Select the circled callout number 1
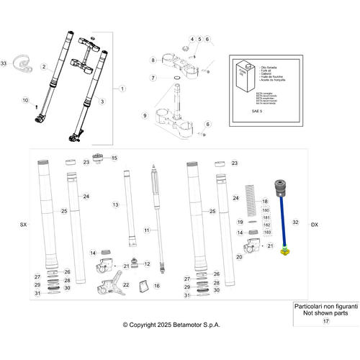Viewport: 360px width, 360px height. pyautogui.click(x=122, y=88)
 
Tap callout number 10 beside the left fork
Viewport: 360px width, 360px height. pyautogui.click(x=26, y=100)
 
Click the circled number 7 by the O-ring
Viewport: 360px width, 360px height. pyautogui.click(x=153, y=78)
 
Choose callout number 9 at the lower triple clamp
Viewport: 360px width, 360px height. pyautogui.click(x=144, y=115)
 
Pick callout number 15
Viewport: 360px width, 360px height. pyautogui.click(x=114, y=158)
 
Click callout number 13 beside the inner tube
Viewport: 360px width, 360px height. pyautogui.click(x=114, y=205)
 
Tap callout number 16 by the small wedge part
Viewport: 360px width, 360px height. pyautogui.click(x=157, y=285)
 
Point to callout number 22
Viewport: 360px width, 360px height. pyautogui.click(x=126, y=285)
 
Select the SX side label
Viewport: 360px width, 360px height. pyautogui.click(x=23, y=225)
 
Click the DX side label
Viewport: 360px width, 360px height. pyautogui.click(x=314, y=225)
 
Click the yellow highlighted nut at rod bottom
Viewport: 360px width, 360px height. pyautogui.click(x=285, y=251)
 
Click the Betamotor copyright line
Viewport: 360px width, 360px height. pyautogui.click(x=171, y=325)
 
